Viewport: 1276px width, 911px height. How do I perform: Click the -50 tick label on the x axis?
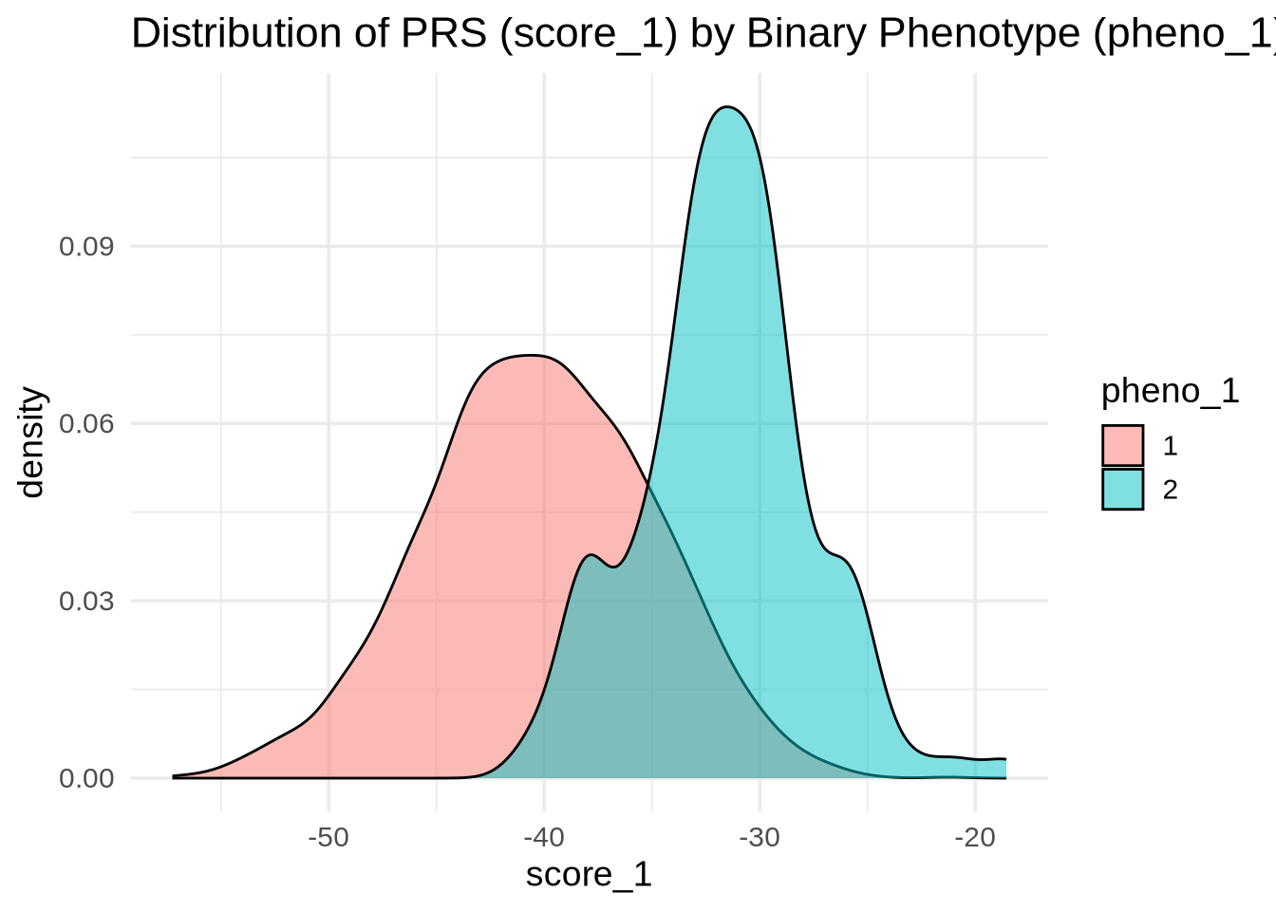click(x=328, y=839)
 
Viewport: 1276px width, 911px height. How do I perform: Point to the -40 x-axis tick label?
click(x=544, y=839)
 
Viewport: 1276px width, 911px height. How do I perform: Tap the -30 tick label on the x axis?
click(x=760, y=839)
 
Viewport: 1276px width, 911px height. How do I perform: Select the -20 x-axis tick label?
click(x=975, y=839)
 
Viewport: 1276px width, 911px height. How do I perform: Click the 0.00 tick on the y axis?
click(x=86, y=779)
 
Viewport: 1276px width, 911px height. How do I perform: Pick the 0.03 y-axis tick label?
click(x=86, y=602)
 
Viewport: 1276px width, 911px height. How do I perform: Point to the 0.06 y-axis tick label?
click(x=86, y=424)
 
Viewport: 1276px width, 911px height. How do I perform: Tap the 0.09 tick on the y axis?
click(x=86, y=247)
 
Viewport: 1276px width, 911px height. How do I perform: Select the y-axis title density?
click(x=32, y=442)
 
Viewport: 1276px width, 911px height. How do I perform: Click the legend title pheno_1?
click(x=1170, y=391)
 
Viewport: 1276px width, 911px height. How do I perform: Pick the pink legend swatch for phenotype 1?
click(x=1122, y=446)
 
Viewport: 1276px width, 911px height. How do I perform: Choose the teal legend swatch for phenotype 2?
click(x=1122, y=490)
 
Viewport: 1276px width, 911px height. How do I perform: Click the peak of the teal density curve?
click(x=727, y=107)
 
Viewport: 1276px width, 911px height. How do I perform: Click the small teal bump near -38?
click(x=591, y=555)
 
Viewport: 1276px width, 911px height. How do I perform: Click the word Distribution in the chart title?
click(x=251, y=34)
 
